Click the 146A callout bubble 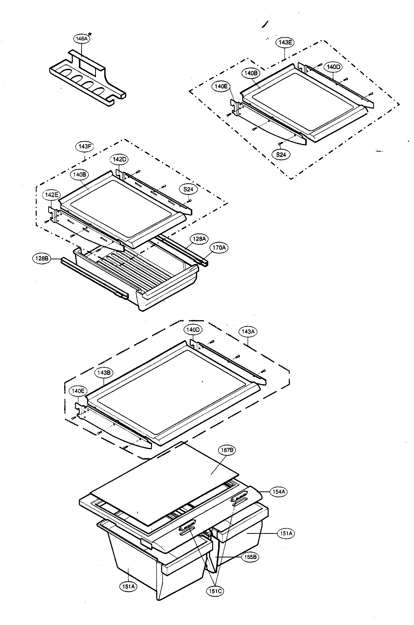81,39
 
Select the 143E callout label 285,43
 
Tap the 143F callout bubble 85,146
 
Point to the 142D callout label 119,159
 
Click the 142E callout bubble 51,195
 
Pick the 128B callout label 41,258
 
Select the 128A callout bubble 199,239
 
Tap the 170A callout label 219,248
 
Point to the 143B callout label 104,373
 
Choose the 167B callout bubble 227,450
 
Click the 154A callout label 279,492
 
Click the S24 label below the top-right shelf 281,155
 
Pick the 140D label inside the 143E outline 333,67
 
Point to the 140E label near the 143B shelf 78,391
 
